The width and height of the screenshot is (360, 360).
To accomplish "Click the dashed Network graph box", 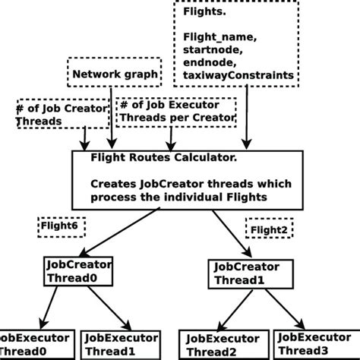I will [x=115, y=74].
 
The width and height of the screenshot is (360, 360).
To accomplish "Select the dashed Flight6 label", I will [x=62, y=226].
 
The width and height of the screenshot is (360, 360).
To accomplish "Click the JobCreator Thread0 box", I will [x=79, y=271].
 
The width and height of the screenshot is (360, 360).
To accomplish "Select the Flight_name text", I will [x=218, y=38].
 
